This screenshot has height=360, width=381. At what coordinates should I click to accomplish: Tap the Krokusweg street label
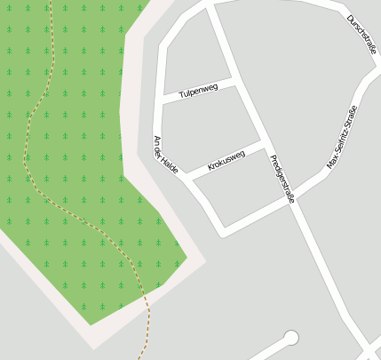coord(226,161)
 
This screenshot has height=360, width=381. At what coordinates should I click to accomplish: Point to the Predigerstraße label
coord(282,180)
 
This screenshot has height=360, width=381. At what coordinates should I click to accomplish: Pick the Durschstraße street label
coord(362,35)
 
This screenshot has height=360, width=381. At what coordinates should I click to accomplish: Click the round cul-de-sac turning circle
coord(290,337)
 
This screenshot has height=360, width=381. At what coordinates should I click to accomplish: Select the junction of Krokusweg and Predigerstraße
coord(264,145)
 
